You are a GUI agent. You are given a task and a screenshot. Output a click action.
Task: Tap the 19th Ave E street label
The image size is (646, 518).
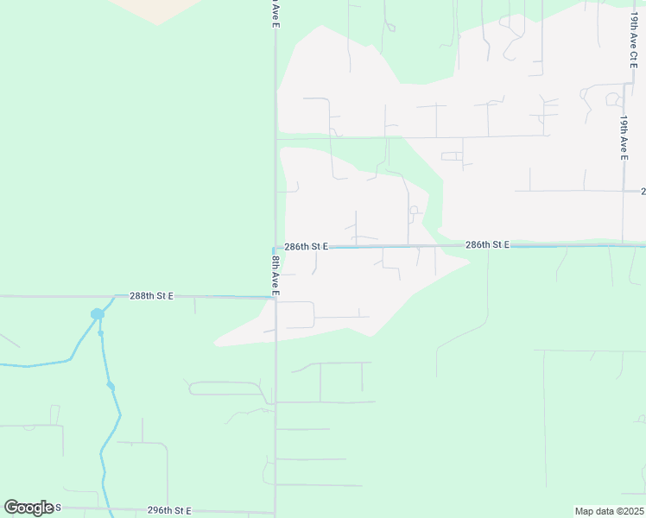pyautogui.click(x=623, y=137)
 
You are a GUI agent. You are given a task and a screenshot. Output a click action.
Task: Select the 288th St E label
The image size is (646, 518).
pyautogui.click(x=152, y=295)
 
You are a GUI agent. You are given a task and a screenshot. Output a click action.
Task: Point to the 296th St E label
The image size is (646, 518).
pyautogui.click(x=168, y=510)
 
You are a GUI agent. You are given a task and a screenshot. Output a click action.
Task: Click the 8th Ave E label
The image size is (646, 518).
pyautogui.click(x=275, y=275)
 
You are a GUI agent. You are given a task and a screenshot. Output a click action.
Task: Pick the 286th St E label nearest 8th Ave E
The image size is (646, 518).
pyautogui.click(x=307, y=246)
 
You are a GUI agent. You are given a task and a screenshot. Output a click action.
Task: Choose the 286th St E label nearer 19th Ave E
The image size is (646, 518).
pyautogui.click(x=487, y=245)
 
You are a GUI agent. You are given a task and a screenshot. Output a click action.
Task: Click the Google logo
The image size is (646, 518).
pyautogui.click(x=28, y=508)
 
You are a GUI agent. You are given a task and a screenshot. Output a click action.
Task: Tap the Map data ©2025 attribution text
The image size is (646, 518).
pyautogui.click(x=610, y=511)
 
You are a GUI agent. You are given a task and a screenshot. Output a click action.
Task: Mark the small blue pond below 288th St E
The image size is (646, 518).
pyautogui.click(x=97, y=313)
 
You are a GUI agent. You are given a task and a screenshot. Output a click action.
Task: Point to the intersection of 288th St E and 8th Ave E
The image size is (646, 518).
pyautogui.click(x=275, y=298)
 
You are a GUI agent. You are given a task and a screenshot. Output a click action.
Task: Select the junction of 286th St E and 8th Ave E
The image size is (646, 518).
pyautogui.click(x=275, y=248)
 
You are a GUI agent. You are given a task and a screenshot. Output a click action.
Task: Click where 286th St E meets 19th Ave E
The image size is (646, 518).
pyautogui.click(x=623, y=244)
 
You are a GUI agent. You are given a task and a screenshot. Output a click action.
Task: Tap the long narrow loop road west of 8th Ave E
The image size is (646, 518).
pyautogui.click(x=226, y=388)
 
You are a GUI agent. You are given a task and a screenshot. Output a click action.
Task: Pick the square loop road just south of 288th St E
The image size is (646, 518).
pyautogui.click(x=295, y=315)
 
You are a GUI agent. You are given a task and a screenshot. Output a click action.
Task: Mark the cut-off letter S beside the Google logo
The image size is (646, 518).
pyautogui.click(x=58, y=508)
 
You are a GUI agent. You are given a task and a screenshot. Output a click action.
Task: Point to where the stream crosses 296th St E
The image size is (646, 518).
pyautogui.click(x=106, y=509)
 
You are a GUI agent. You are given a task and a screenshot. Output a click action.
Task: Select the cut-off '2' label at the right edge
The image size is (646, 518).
pyautogui.click(x=643, y=191)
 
